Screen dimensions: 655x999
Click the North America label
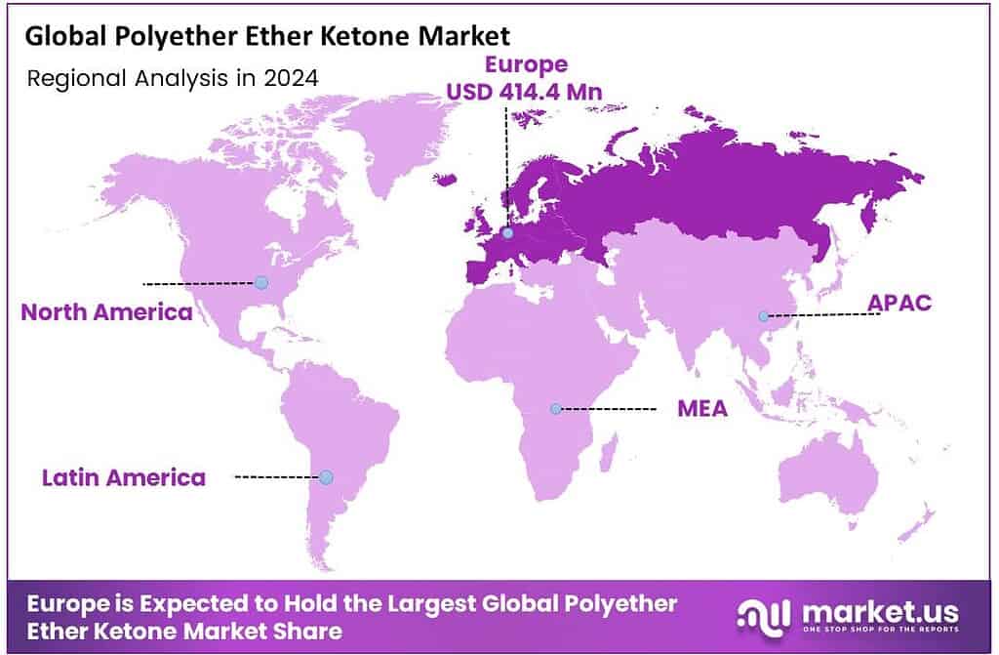click(106, 312)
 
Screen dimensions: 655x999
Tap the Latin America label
click(124, 477)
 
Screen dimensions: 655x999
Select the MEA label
click(702, 408)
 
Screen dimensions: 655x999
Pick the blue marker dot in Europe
click(507, 233)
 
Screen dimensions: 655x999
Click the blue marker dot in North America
click(260, 282)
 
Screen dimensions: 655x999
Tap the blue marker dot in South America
click(326, 477)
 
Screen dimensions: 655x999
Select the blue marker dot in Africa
click(555, 408)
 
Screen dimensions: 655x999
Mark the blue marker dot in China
click(764, 315)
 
